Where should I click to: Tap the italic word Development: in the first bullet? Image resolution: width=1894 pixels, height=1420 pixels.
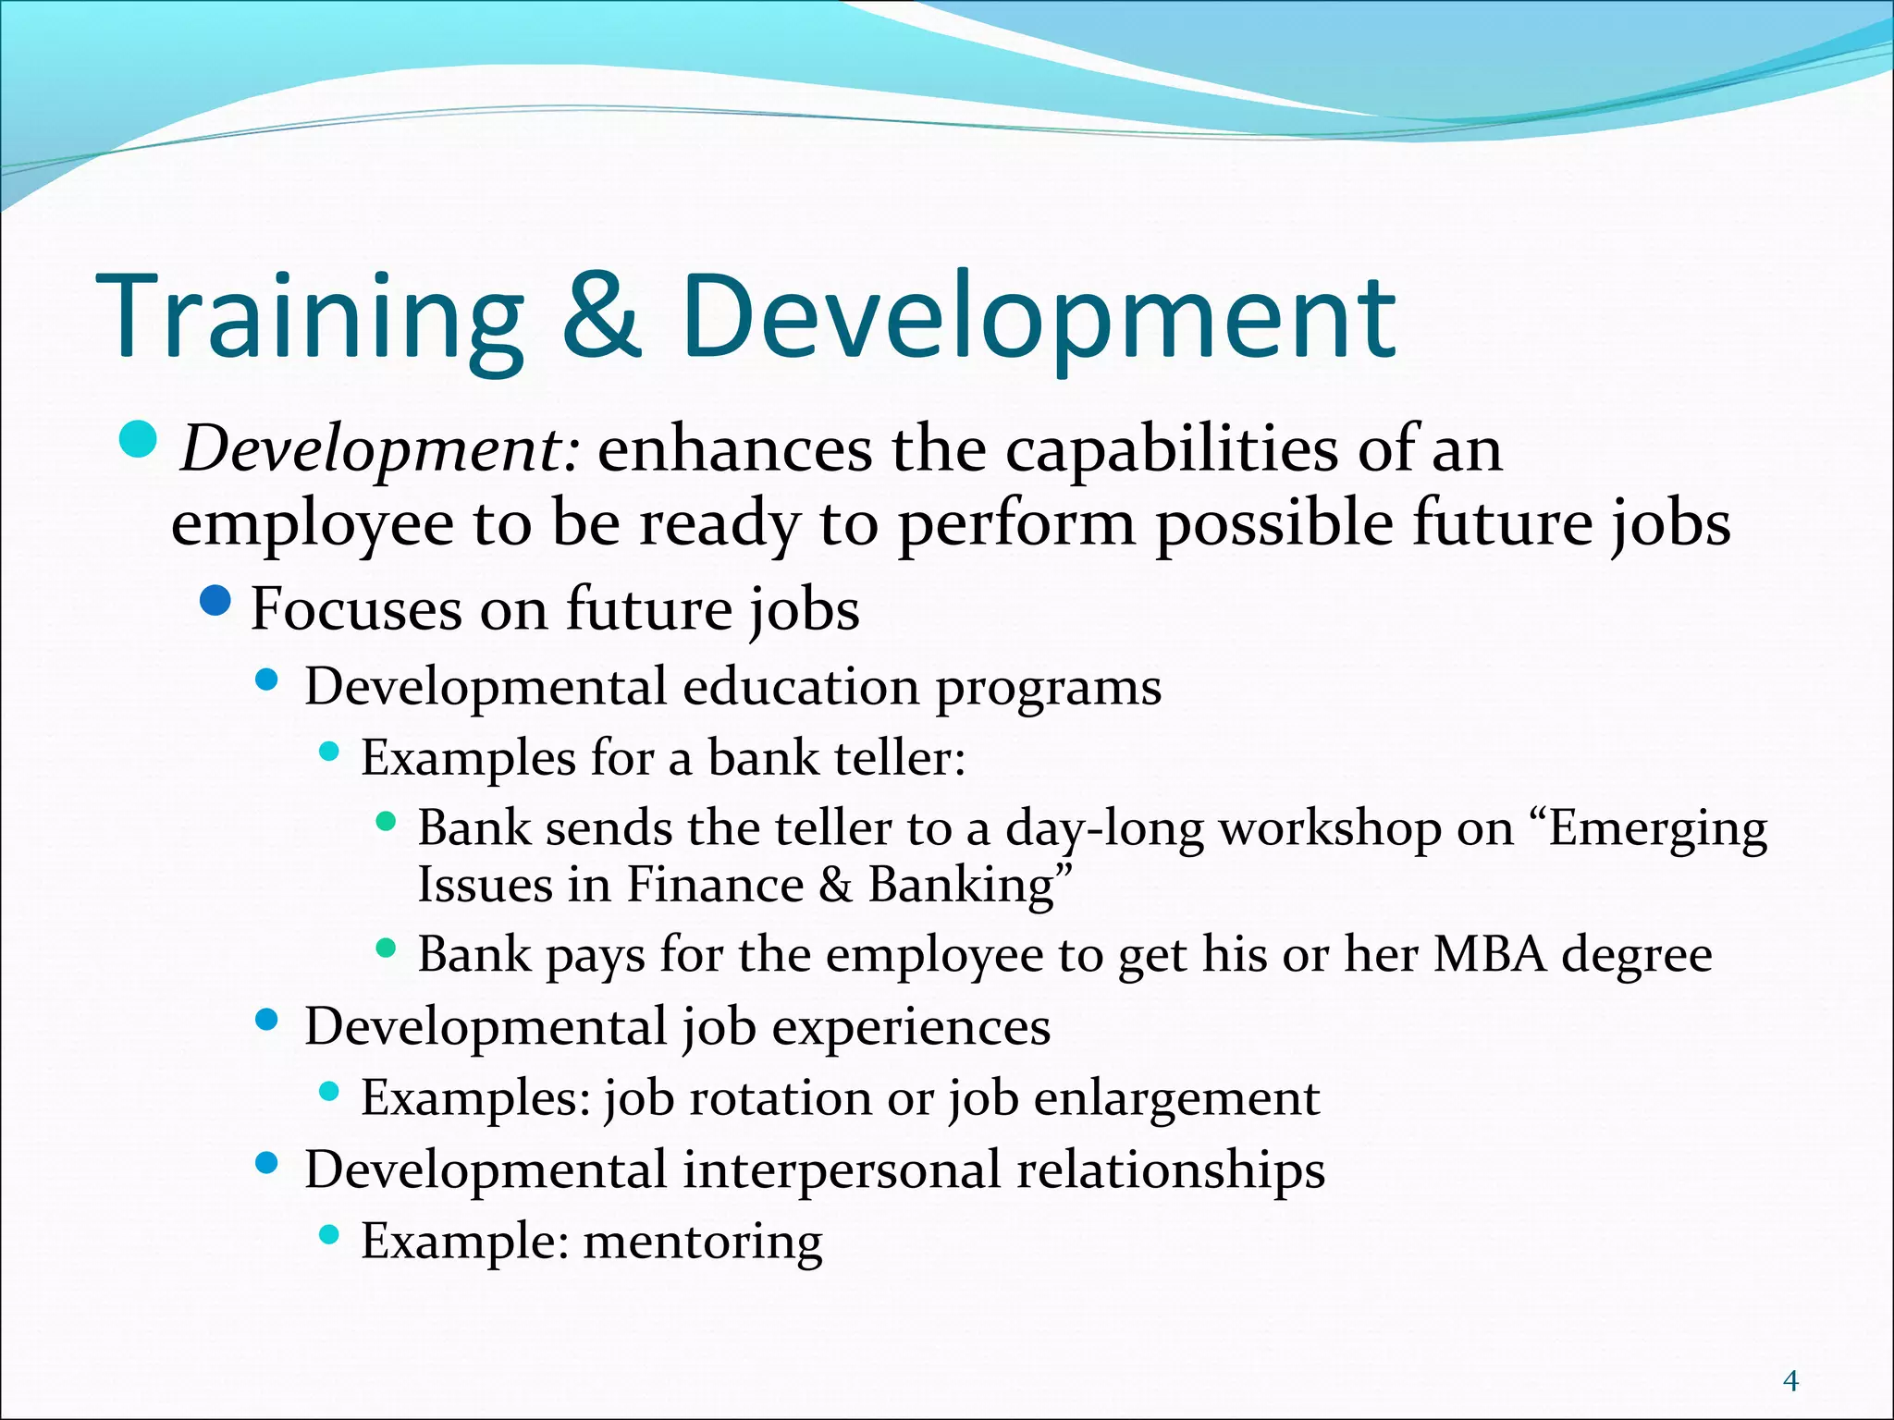[380, 451]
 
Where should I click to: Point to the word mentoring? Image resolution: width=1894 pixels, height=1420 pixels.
[703, 1241]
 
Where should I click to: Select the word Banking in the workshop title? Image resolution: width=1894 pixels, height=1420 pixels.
[971, 885]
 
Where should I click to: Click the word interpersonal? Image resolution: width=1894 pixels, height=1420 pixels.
[842, 1169]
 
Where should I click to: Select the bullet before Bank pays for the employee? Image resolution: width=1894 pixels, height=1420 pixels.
[387, 948]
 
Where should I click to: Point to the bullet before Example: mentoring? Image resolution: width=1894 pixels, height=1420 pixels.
[329, 1234]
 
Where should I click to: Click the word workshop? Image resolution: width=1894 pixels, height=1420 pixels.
[1330, 829]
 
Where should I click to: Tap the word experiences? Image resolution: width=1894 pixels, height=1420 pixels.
[911, 1027]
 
